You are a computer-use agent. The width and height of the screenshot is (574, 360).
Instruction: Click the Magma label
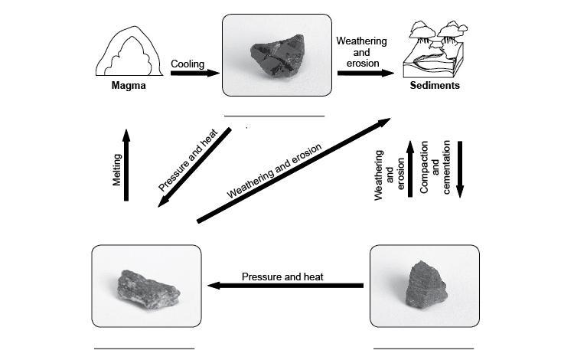tap(128, 86)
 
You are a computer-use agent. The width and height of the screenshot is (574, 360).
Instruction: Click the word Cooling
tap(188, 64)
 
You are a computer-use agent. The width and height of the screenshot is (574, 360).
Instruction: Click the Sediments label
tap(434, 86)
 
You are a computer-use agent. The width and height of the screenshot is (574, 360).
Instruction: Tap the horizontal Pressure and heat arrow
tap(286, 286)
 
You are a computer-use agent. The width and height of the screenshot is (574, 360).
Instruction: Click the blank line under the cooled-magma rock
tap(274, 116)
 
